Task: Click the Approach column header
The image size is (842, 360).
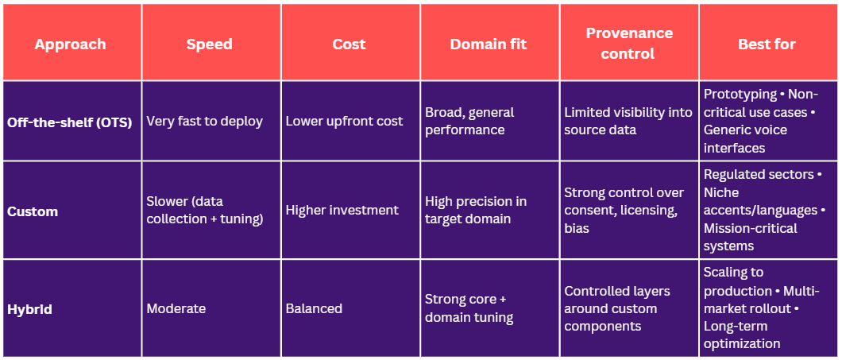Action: click(x=70, y=44)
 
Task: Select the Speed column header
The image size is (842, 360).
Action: click(x=210, y=44)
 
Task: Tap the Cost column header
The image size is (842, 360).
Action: click(x=349, y=44)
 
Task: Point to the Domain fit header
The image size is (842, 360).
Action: click(x=489, y=44)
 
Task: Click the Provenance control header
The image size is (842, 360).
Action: click(x=629, y=44)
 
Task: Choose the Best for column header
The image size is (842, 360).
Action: click(x=767, y=44)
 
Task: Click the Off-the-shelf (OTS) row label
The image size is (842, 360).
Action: click(x=69, y=122)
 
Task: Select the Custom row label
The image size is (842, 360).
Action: click(x=33, y=211)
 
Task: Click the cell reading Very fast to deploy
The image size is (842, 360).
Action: click(x=205, y=122)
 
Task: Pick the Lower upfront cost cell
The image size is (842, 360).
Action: click(x=344, y=122)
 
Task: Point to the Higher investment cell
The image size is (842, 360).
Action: click(x=342, y=210)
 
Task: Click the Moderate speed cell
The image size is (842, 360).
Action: click(x=176, y=308)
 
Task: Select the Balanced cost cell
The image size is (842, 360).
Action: click(x=314, y=308)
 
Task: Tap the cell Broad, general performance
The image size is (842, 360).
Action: click(x=469, y=122)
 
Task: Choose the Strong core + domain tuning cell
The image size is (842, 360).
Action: click(x=469, y=308)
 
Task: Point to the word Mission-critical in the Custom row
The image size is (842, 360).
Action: click(x=751, y=228)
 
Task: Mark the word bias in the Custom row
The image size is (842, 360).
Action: click(x=577, y=228)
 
